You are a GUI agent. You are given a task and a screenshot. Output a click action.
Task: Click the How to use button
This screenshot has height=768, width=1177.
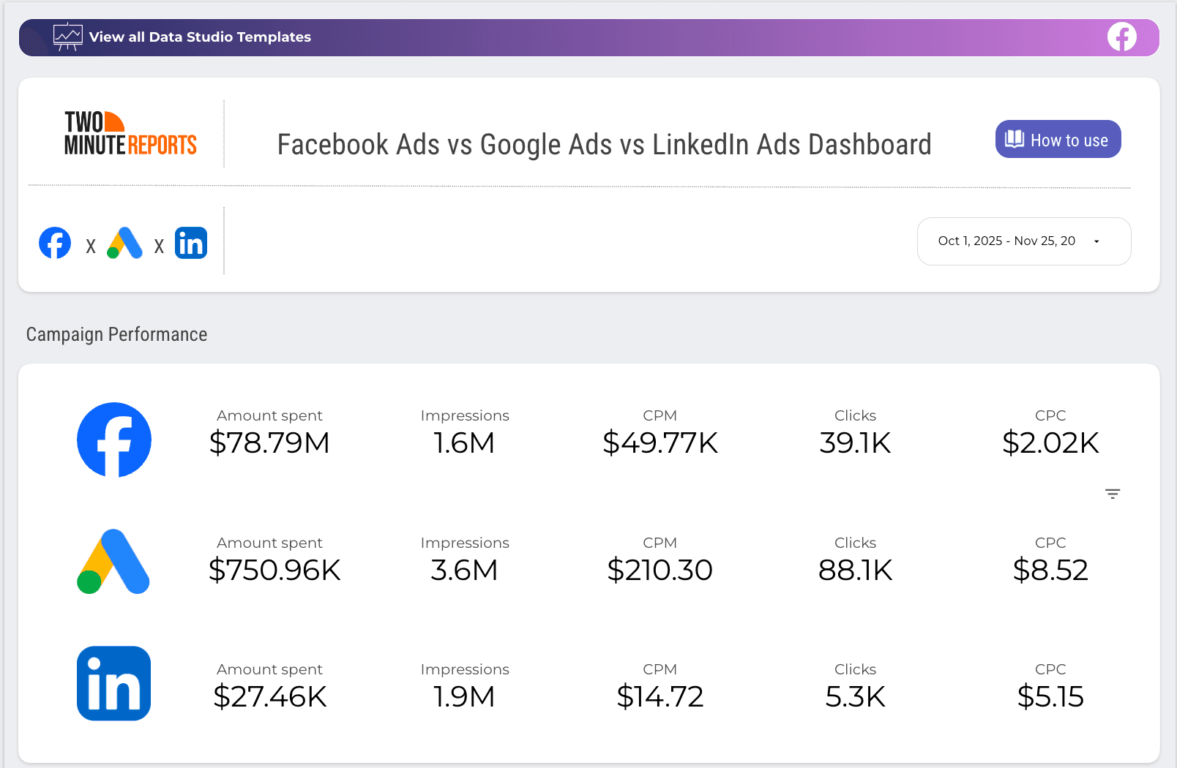pyautogui.click(x=1058, y=139)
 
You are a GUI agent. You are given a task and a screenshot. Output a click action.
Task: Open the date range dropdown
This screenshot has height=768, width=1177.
pyautogui.click(x=1023, y=241)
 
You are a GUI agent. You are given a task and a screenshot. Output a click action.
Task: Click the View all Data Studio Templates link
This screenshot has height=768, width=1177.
pyautogui.click(x=199, y=37)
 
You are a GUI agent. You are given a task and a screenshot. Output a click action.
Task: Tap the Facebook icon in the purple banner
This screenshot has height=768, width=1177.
pyautogui.click(x=1121, y=37)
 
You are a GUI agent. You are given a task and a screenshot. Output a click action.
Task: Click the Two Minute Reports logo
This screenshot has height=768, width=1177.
pyautogui.click(x=130, y=134)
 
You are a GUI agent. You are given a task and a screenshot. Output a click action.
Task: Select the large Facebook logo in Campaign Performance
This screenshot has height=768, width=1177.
pyautogui.click(x=114, y=440)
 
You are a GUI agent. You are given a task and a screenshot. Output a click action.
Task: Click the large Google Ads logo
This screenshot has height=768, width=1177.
pyautogui.click(x=113, y=562)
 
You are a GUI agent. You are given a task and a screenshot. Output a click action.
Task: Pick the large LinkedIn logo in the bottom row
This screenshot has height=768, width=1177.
pyautogui.click(x=113, y=683)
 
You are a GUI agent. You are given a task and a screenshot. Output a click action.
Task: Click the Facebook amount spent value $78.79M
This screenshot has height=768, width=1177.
pyautogui.click(x=269, y=443)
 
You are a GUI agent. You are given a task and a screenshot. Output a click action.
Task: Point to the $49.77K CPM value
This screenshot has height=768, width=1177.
pyautogui.click(x=660, y=443)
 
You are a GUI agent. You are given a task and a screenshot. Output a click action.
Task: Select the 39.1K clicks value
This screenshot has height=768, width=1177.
pyautogui.click(x=855, y=443)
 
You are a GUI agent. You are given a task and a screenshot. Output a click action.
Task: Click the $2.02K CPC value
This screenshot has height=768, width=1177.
pyautogui.click(x=1050, y=443)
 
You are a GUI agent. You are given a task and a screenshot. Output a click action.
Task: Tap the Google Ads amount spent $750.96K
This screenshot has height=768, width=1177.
pyautogui.click(x=274, y=570)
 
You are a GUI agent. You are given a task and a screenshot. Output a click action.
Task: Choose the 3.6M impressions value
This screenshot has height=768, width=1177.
pyautogui.click(x=464, y=570)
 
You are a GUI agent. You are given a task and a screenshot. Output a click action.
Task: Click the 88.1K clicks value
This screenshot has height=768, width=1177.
pyautogui.click(x=855, y=570)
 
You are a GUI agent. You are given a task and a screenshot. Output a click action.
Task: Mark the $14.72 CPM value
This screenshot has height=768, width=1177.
pyautogui.click(x=660, y=696)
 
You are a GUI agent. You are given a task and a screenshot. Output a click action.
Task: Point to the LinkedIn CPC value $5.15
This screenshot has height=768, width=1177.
pyautogui.click(x=1050, y=696)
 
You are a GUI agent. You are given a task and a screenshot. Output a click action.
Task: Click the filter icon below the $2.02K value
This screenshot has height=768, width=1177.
pyautogui.click(x=1113, y=494)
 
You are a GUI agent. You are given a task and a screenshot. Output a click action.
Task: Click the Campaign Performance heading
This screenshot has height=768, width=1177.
pyautogui.click(x=116, y=334)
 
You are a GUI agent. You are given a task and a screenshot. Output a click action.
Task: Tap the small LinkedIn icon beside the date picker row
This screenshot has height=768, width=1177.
pyautogui.click(x=191, y=243)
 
